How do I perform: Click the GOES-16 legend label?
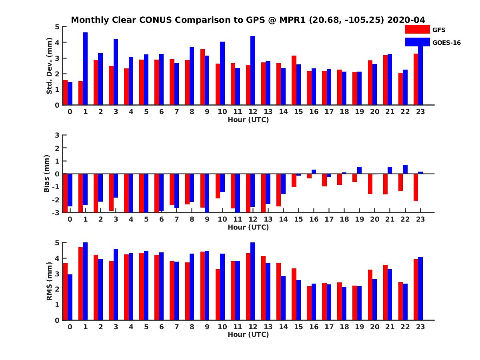coord(446,42)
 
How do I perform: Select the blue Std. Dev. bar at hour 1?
coord(85,69)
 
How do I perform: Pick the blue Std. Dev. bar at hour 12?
coord(253,70)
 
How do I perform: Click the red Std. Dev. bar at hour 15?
coord(294,80)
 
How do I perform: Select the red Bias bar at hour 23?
coord(416,187)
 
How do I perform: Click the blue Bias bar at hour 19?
coord(360,170)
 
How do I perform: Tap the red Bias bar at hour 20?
coord(370,184)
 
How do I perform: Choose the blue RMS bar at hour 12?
coord(253,281)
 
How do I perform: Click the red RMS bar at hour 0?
coord(65,292)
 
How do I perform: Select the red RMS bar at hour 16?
coord(309,303)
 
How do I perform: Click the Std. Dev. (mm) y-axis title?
coord(49,66)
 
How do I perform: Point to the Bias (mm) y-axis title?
coord(47,174)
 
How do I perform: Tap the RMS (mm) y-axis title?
coord(49,281)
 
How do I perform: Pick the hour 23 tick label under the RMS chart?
coord(420,326)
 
